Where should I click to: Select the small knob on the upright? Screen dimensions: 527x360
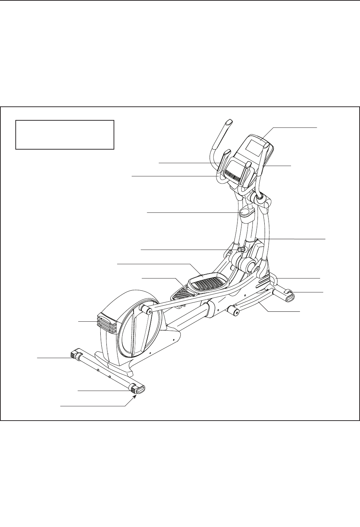point(242,249)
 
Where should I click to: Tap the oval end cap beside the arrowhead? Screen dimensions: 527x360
point(140,388)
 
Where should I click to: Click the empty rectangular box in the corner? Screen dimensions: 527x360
point(65,134)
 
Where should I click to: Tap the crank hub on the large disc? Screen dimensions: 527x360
point(146,308)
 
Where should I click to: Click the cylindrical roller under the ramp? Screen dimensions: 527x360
point(234,311)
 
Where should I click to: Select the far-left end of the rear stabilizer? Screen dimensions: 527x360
point(75,355)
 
